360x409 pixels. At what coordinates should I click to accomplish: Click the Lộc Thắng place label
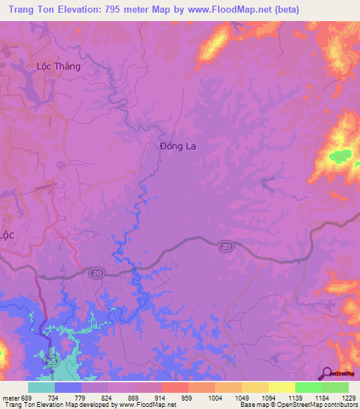58,67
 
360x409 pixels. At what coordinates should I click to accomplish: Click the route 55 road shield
50,361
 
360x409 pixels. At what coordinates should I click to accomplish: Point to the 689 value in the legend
25,397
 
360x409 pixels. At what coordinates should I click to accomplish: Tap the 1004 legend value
215,397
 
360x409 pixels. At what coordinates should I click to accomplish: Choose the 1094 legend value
269,397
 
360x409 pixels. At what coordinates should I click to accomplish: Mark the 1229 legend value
349,397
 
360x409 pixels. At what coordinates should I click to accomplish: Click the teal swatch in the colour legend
41,387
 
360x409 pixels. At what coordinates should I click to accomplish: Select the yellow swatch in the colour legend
281,387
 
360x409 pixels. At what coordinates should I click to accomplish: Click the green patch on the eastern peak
340,155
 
